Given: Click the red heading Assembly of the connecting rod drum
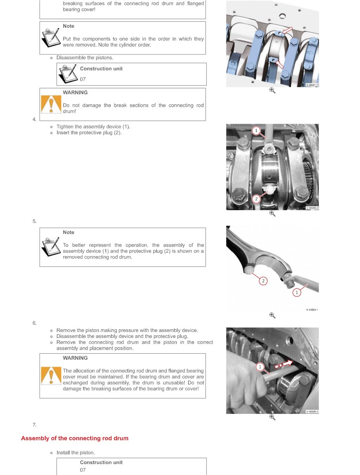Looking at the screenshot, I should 75,438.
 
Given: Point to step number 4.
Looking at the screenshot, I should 34,119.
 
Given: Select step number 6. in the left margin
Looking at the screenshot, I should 34,323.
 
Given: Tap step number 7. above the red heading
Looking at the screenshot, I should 34,425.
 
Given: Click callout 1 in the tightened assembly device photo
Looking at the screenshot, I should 256,131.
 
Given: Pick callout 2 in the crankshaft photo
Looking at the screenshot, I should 256,199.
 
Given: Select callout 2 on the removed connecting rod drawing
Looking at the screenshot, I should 263,281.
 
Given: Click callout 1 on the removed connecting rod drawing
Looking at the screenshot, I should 297,292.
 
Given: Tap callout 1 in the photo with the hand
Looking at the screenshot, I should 260,367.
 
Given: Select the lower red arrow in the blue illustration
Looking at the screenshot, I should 279,64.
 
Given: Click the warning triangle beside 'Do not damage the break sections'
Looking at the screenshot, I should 51,104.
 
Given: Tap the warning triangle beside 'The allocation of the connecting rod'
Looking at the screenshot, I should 51,376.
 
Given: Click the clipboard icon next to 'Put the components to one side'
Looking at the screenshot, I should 51,38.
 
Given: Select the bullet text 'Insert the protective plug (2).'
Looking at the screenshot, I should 89,133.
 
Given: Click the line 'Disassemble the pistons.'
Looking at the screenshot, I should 85,58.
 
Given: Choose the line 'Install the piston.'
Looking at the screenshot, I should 76,453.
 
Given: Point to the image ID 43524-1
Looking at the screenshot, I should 312,310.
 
